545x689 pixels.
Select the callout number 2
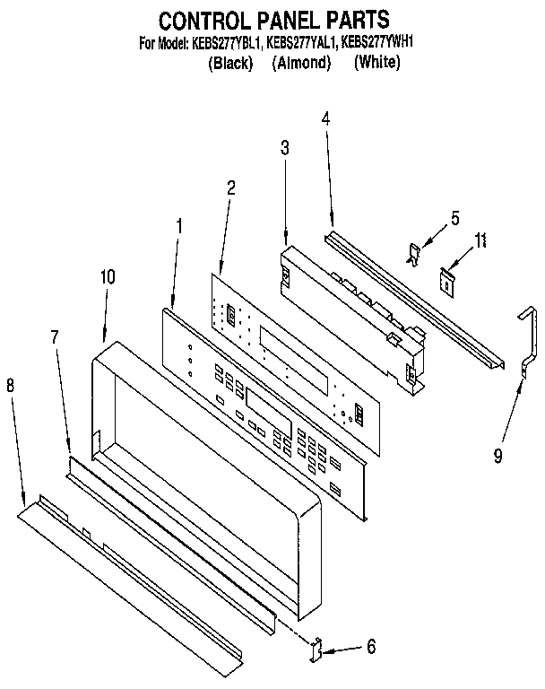[x=231, y=188]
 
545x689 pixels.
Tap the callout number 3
[x=284, y=150]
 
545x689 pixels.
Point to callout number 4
[x=325, y=118]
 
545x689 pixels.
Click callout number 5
[x=454, y=218]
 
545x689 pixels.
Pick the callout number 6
[x=370, y=645]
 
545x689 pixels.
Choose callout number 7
[x=55, y=337]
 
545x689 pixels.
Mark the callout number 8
[x=11, y=386]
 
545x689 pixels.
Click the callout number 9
[x=498, y=455]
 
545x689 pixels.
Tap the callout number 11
[x=481, y=240]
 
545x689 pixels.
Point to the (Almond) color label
[x=301, y=63]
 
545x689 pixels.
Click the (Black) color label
[x=230, y=63]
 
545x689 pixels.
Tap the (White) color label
[x=376, y=63]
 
